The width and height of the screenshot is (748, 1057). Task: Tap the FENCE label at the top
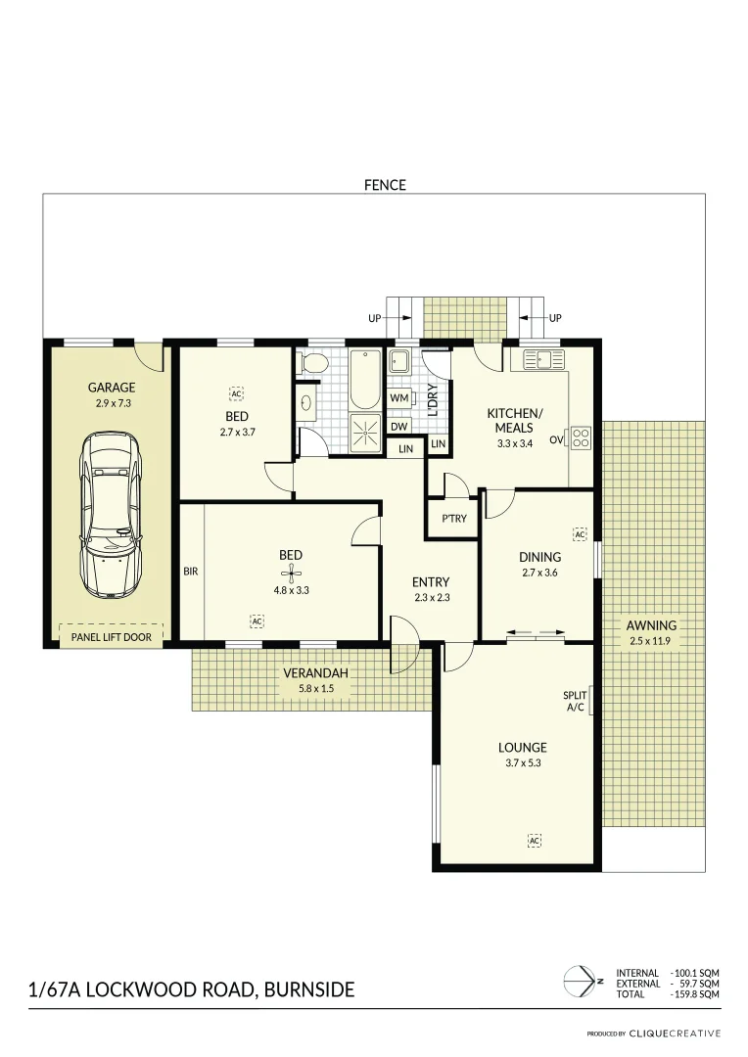click(x=385, y=184)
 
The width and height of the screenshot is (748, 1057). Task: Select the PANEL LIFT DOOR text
click(x=111, y=637)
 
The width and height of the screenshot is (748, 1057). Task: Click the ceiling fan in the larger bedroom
click(x=291, y=574)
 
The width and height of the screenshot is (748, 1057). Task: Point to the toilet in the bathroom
click(x=313, y=364)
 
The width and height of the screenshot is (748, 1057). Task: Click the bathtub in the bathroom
click(x=365, y=380)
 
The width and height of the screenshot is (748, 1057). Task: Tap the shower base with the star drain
click(x=365, y=432)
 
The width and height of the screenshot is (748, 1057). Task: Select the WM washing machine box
click(x=398, y=398)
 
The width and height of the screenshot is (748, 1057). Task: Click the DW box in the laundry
click(x=398, y=427)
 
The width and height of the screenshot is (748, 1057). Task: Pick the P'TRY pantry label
click(x=453, y=519)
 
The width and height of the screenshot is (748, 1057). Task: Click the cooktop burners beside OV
click(x=581, y=437)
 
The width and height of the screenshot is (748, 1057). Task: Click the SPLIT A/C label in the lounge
click(x=575, y=701)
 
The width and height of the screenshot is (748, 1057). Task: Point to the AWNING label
click(x=653, y=625)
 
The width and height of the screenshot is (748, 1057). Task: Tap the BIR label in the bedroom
click(x=191, y=571)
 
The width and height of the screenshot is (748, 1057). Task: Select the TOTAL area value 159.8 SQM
click(x=696, y=994)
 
